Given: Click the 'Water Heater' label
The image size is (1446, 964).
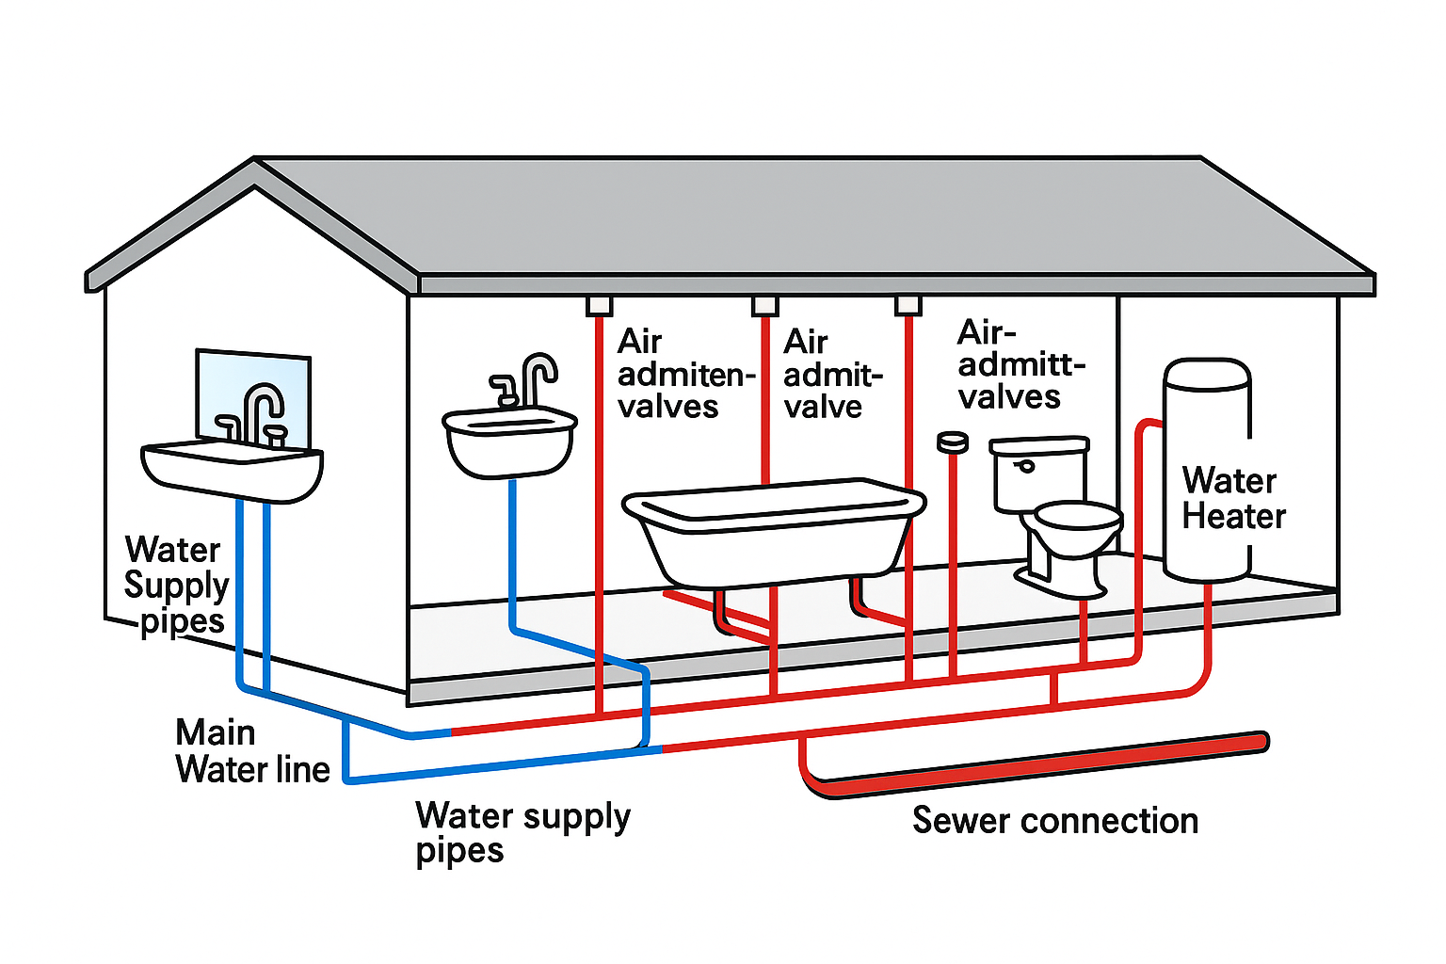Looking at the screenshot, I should (1232, 499).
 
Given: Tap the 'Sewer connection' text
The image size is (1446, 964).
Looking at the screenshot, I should (1054, 821).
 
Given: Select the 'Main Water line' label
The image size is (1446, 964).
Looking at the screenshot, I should (251, 751).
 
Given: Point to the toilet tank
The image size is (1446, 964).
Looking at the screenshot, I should (1038, 472).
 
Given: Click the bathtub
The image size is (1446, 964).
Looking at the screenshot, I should (772, 532).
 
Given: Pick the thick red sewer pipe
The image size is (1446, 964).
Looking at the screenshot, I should (1036, 764).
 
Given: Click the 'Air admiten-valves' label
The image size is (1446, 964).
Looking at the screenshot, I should (685, 374).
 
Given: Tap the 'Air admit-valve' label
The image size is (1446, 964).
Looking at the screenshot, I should (831, 374).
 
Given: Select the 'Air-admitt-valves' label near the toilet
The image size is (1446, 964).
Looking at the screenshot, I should (1020, 365).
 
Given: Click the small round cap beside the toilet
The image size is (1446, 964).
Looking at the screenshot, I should (953, 440).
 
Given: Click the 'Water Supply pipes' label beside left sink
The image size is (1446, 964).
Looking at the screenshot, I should (176, 585).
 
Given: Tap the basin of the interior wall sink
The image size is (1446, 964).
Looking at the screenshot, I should (509, 442).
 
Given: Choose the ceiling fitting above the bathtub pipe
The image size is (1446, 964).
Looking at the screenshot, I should (764, 305).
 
